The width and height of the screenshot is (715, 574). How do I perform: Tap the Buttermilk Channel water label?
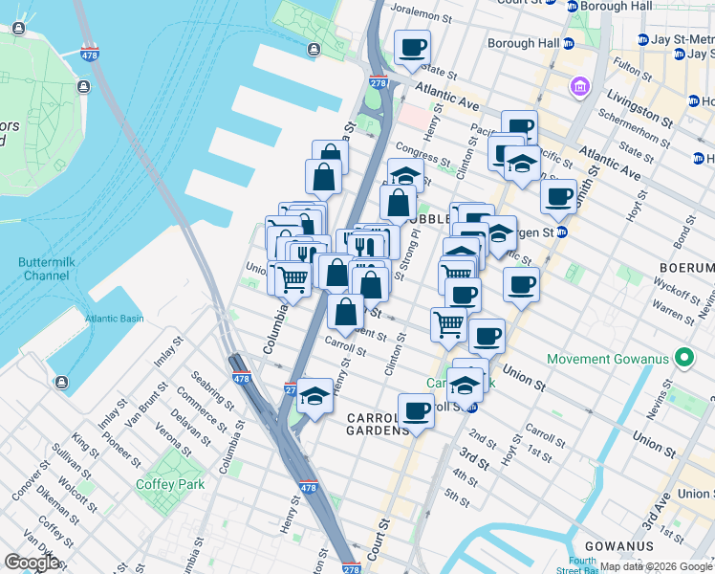click(x=49, y=268)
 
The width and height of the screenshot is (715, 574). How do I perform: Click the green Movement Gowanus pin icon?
click(x=683, y=360)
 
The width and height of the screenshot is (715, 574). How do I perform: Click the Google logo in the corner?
click(x=31, y=562)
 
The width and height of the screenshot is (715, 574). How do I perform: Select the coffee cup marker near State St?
click(x=412, y=47)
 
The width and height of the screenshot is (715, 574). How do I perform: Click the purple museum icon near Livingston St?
click(x=579, y=88)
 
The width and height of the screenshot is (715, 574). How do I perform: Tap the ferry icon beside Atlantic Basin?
click(x=61, y=383)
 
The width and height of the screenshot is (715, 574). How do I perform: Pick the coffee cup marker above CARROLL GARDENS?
click(x=416, y=410)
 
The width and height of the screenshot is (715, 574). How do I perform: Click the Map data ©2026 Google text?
click(x=655, y=566)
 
